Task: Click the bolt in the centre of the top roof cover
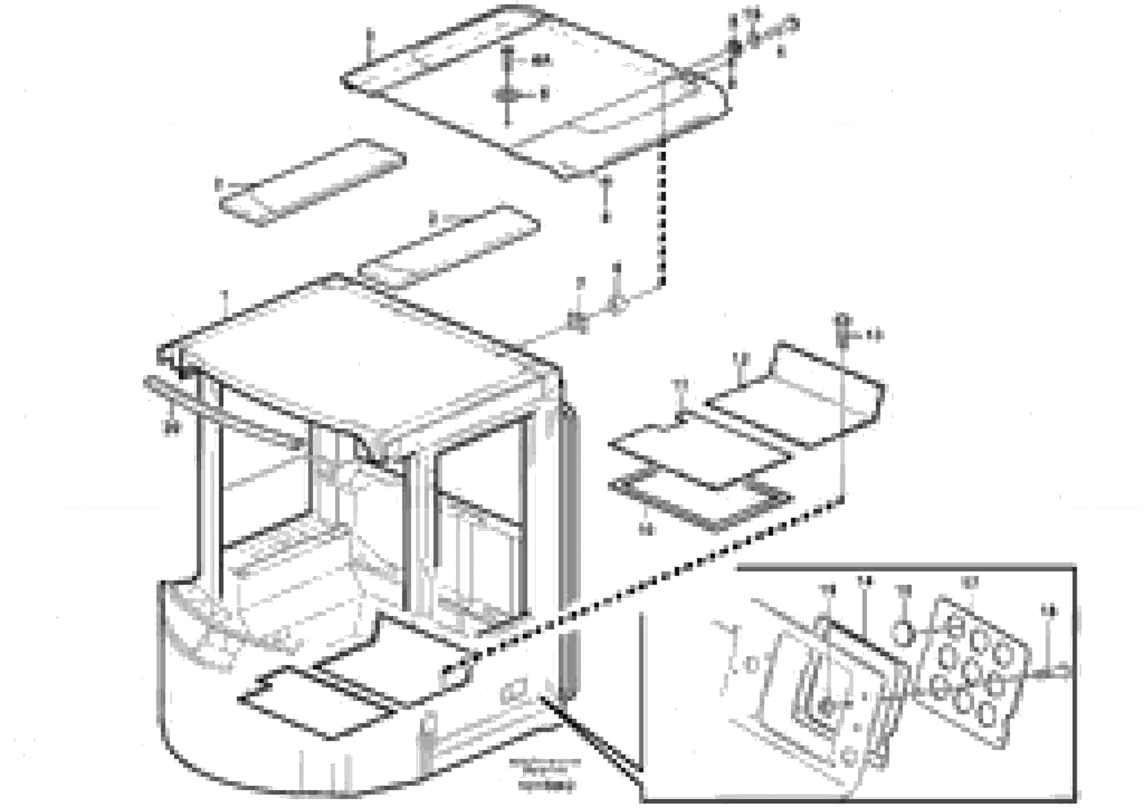point(507,94)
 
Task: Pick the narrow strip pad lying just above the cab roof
point(449,248)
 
